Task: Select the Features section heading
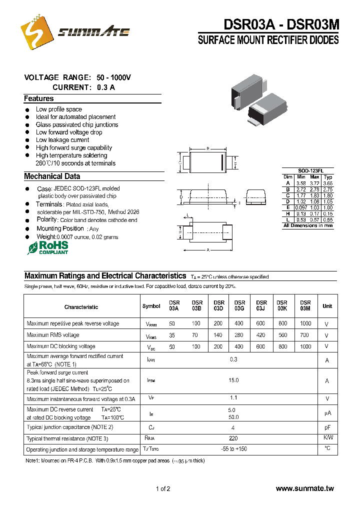click(39, 98)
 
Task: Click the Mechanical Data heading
click(52, 176)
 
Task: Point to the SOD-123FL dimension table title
click(307, 170)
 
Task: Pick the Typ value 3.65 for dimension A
click(327, 183)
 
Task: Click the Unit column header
click(327, 306)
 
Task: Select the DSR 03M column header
click(305, 305)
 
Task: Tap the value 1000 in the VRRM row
click(305, 323)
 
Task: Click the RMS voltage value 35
click(172, 335)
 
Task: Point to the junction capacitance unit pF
click(327, 427)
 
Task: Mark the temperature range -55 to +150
click(234, 449)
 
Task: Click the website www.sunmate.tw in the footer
click(304, 488)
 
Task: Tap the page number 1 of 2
click(163, 488)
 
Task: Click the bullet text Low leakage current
click(62, 140)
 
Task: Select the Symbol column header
click(151, 306)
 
